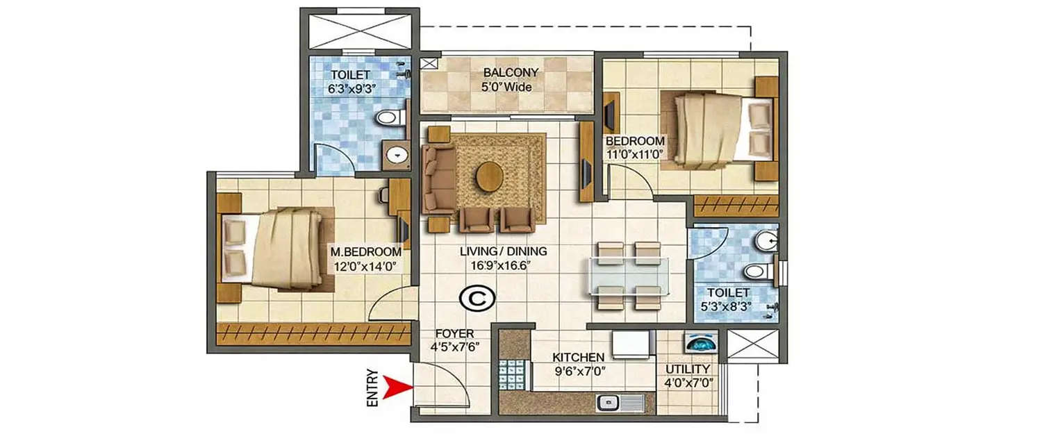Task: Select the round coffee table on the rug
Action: pos(490,175)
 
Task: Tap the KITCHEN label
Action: pos(577,358)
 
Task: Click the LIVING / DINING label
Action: pos(504,251)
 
